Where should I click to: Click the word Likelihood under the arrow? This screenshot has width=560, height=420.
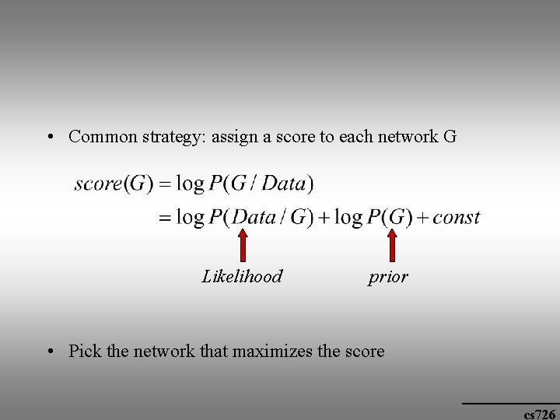coord(242,276)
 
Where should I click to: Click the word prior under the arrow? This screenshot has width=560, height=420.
coord(388,277)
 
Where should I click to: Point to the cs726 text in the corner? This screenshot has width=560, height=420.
coord(539,414)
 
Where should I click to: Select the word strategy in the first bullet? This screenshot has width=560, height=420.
coord(170,138)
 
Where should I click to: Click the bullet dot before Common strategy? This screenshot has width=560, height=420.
coord(49,138)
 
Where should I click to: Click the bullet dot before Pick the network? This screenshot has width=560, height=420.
coord(49,352)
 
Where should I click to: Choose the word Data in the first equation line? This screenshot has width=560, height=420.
coord(285,184)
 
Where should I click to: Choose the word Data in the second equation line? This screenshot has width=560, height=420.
coord(254,217)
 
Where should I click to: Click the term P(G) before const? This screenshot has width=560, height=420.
coord(390,217)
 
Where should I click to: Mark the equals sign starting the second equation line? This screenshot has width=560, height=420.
coord(164,218)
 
